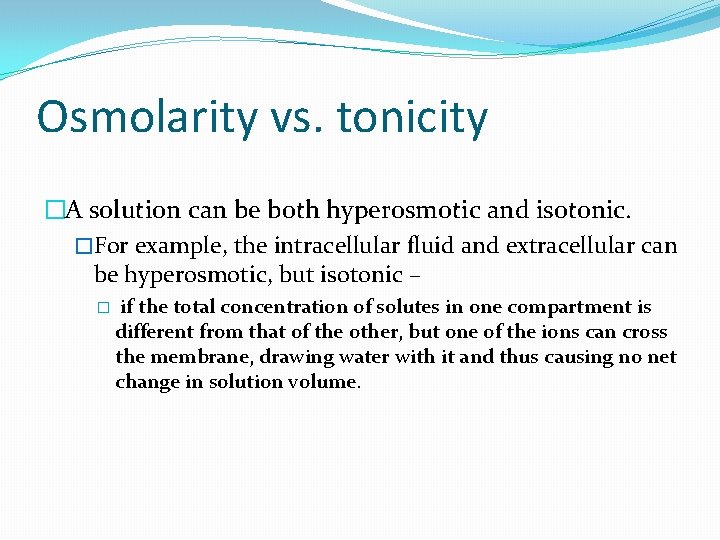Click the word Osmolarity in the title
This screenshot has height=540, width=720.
pos(146,118)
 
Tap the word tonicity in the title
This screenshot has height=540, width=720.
pos(412,118)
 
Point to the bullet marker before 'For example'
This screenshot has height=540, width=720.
pos(84,246)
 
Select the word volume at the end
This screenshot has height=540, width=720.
pos(325,382)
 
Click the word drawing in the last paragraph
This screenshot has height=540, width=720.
pos(286,357)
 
